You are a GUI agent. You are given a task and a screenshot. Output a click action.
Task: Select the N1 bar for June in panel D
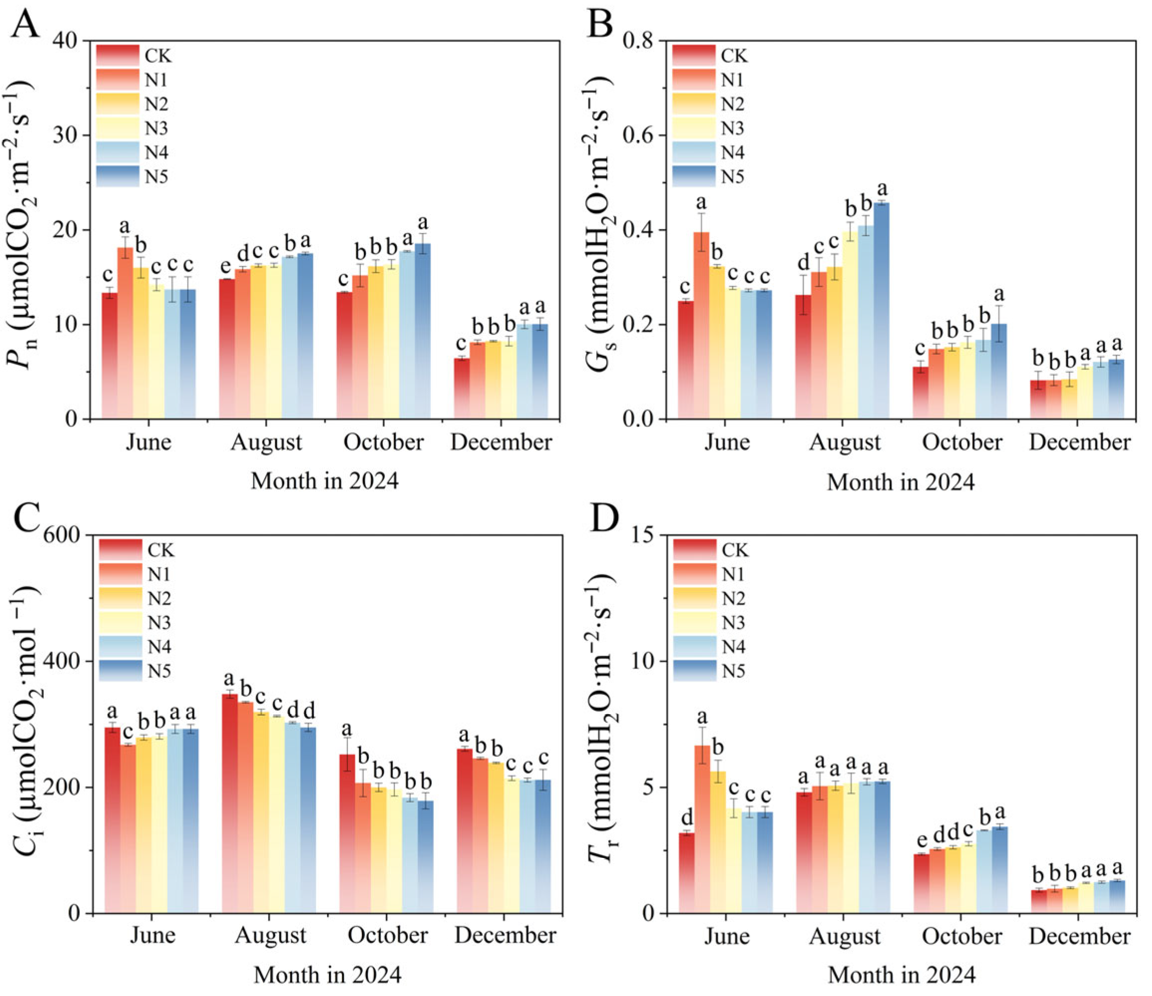[x=702, y=829]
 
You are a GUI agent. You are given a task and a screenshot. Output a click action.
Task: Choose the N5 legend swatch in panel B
[x=694, y=177]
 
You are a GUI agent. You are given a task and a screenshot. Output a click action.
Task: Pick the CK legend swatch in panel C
[x=121, y=550]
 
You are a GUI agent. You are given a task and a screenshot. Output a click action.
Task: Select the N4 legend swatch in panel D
[x=695, y=647]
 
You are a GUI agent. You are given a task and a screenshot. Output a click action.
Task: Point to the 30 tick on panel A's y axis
[x=87, y=135]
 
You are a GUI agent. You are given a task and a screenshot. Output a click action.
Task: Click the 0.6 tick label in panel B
[x=641, y=136]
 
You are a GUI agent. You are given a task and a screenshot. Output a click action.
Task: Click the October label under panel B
[x=963, y=442]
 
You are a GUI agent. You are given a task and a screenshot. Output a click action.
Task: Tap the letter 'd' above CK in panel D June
[x=687, y=818]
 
